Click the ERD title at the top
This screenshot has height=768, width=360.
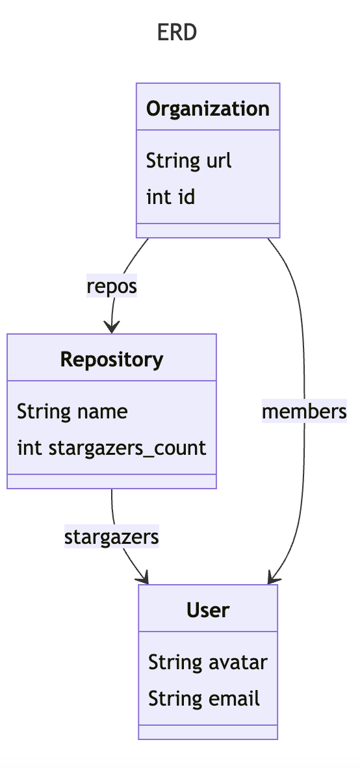177,32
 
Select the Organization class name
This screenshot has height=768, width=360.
208,108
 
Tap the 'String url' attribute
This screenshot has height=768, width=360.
188,160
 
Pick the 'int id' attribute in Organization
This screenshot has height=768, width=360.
170,197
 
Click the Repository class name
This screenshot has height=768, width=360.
112,359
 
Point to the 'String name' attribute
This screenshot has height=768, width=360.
72,411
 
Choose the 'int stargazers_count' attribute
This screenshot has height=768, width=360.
111,448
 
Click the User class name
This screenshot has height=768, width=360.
208,609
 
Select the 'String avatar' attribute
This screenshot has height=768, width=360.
207,662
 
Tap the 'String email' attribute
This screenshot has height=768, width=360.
204,698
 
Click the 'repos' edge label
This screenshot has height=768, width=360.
112,286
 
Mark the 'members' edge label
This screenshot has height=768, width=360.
303,411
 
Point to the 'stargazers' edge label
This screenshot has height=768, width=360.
112,537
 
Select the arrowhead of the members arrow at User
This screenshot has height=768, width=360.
273,578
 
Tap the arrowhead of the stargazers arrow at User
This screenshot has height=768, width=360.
144,578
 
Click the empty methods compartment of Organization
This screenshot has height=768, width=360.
208,230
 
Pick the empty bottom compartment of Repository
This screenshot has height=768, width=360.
112,481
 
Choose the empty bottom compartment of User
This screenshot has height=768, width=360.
208,732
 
